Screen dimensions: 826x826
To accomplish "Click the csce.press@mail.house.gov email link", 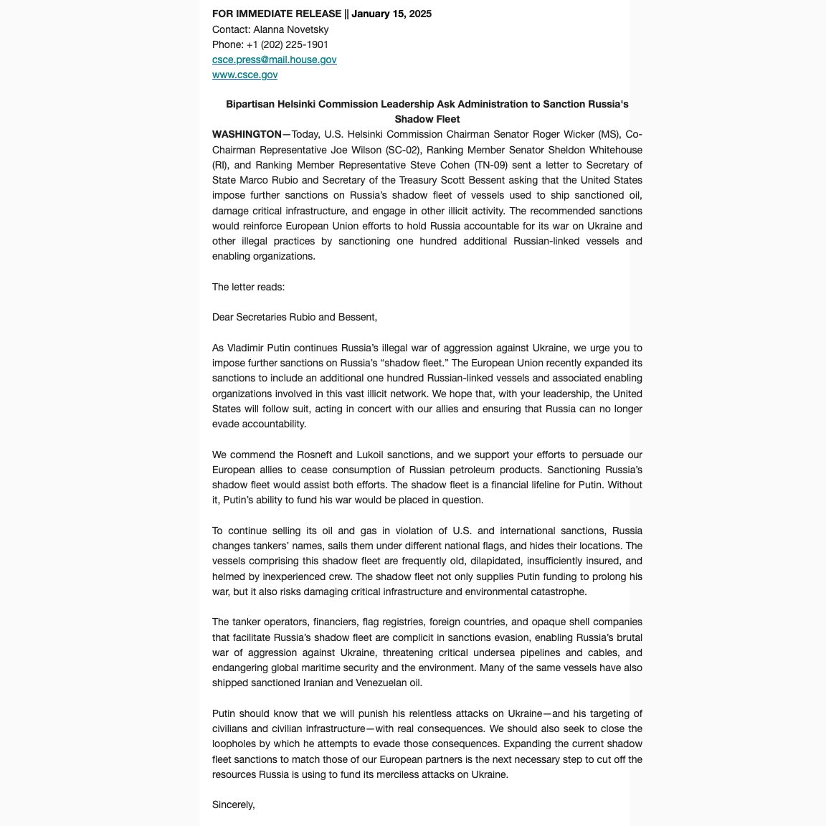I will click(274, 60).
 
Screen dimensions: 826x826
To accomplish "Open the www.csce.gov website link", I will click(245, 75).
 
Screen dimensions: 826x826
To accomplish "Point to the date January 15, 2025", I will click(391, 14).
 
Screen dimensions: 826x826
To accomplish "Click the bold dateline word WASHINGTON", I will click(247, 135).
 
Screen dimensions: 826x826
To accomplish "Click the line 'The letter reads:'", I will click(248, 287).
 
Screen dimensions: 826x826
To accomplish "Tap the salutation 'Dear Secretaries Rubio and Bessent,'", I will click(294, 317).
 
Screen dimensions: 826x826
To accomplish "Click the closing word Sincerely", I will click(233, 804).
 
